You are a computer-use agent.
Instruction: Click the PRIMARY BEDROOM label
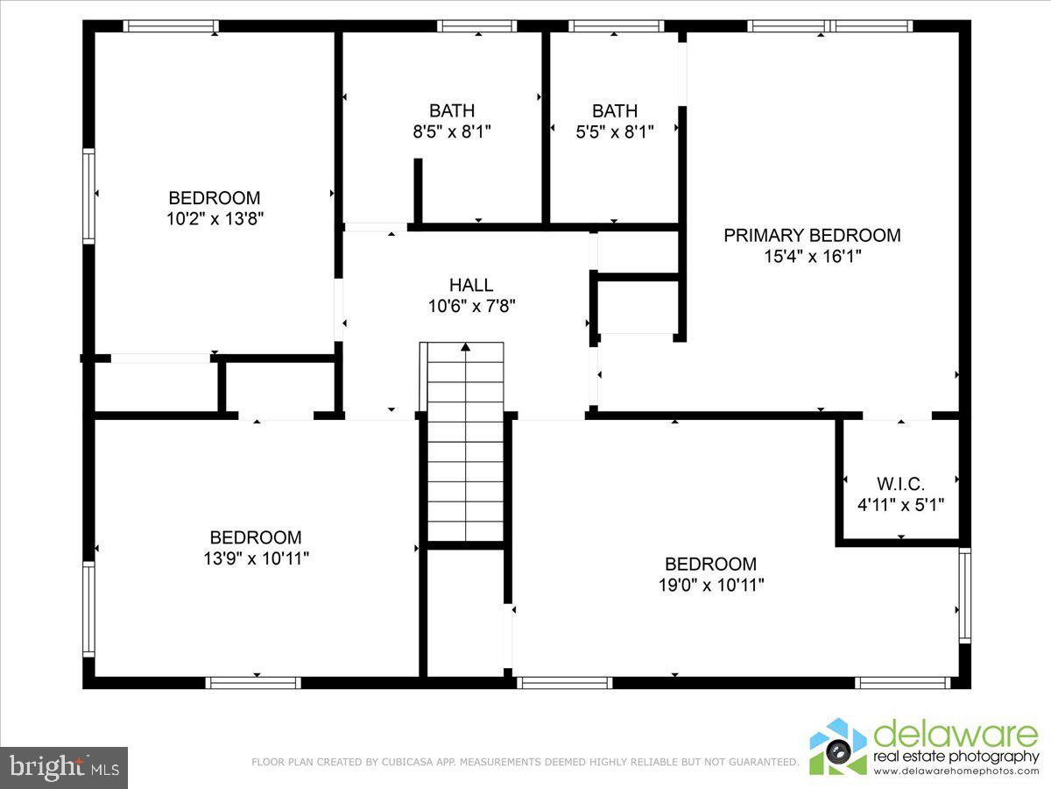pyautogui.click(x=812, y=235)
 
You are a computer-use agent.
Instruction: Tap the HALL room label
pyautogui.click(x=471, y=285)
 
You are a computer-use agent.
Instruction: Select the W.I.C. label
pyautogui.click(x=900, y=483)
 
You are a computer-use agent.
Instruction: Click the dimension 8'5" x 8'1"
pyautogui.click(x=452, y=132)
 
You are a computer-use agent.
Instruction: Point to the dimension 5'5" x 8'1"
pyautogui.click(x=615, y=132)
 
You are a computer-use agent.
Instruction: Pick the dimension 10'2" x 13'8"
pyautogui.click(x=215, y=219)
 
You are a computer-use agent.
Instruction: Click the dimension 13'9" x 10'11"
pyautogui.click(x=256, y=558)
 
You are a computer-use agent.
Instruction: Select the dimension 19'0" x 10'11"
pyautogui.click(x=710, y=585)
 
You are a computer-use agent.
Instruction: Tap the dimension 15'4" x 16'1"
pyautogui.click(x=812, y=257)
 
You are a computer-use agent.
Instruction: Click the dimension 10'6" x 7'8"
pyautogui.click(x=471, y=306)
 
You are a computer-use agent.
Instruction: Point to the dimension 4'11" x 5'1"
pyautogui.click(x=900, y=505)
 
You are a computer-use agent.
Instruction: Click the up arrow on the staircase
pyautogui.click(x=465, y=347)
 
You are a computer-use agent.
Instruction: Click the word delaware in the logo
pyautogui.click(x=955, y=736)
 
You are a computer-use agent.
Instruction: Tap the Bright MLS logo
pyautogui.click(x=63, y=767)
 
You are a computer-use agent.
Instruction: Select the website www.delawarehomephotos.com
pyautogui.click(x=956, y=771)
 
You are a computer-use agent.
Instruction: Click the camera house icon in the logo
pyautogui.click(x=838, y=747)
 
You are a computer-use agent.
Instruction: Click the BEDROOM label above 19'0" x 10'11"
pyautogui.click(x=710, y=564)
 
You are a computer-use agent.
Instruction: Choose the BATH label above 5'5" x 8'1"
pyautogui.click(x=615, y=111)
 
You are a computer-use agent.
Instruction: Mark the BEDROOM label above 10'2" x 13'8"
pyautogui.click(x=215, y=198)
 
